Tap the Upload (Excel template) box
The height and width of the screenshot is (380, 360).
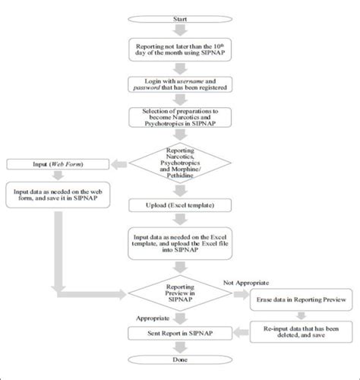pos(179,205)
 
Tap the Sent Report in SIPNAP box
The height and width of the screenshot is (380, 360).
pos(179,333)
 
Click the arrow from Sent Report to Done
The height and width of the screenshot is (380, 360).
pos(179,347)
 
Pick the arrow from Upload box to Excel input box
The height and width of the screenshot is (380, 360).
pos(179,220)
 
